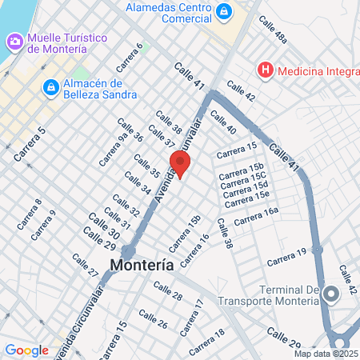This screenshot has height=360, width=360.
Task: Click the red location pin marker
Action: tap(180, 163)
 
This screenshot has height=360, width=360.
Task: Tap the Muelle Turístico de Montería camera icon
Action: tap(14, 40)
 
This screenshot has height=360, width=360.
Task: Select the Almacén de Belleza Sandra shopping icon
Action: tap(50, 85)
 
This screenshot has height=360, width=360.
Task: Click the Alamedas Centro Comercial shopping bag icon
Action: tap(225, 11)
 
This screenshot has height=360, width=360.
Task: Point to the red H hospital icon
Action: tap(265, 71)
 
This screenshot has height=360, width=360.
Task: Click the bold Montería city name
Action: tap(142, 266)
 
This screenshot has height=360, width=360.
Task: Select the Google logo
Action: tap(26, 350)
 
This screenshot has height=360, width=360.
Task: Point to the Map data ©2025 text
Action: tap(324, 354)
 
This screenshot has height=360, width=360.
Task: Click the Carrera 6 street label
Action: tap(130, 55)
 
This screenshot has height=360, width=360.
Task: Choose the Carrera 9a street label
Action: tap(112, 151)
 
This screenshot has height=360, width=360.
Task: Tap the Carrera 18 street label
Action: tap(208, 342)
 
